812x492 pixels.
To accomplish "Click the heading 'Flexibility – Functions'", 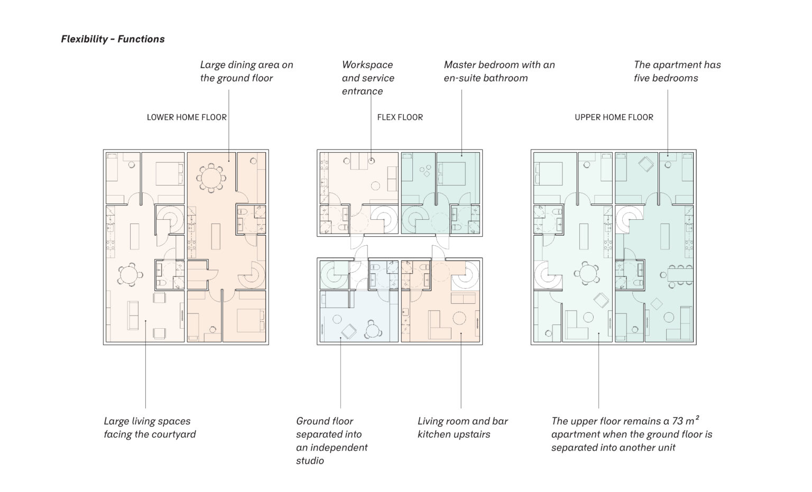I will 113,39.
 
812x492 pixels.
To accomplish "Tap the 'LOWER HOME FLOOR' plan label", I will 187,117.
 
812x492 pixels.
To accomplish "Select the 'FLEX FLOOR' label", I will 400,117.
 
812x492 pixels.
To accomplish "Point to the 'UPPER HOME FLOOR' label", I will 614,117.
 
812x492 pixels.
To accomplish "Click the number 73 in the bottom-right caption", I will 677,421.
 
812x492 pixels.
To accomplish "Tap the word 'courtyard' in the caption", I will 174,434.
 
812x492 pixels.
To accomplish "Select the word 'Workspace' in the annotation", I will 367,65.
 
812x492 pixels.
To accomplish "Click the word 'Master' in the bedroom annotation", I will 459,65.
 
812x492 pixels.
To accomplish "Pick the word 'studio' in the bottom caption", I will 310,461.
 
